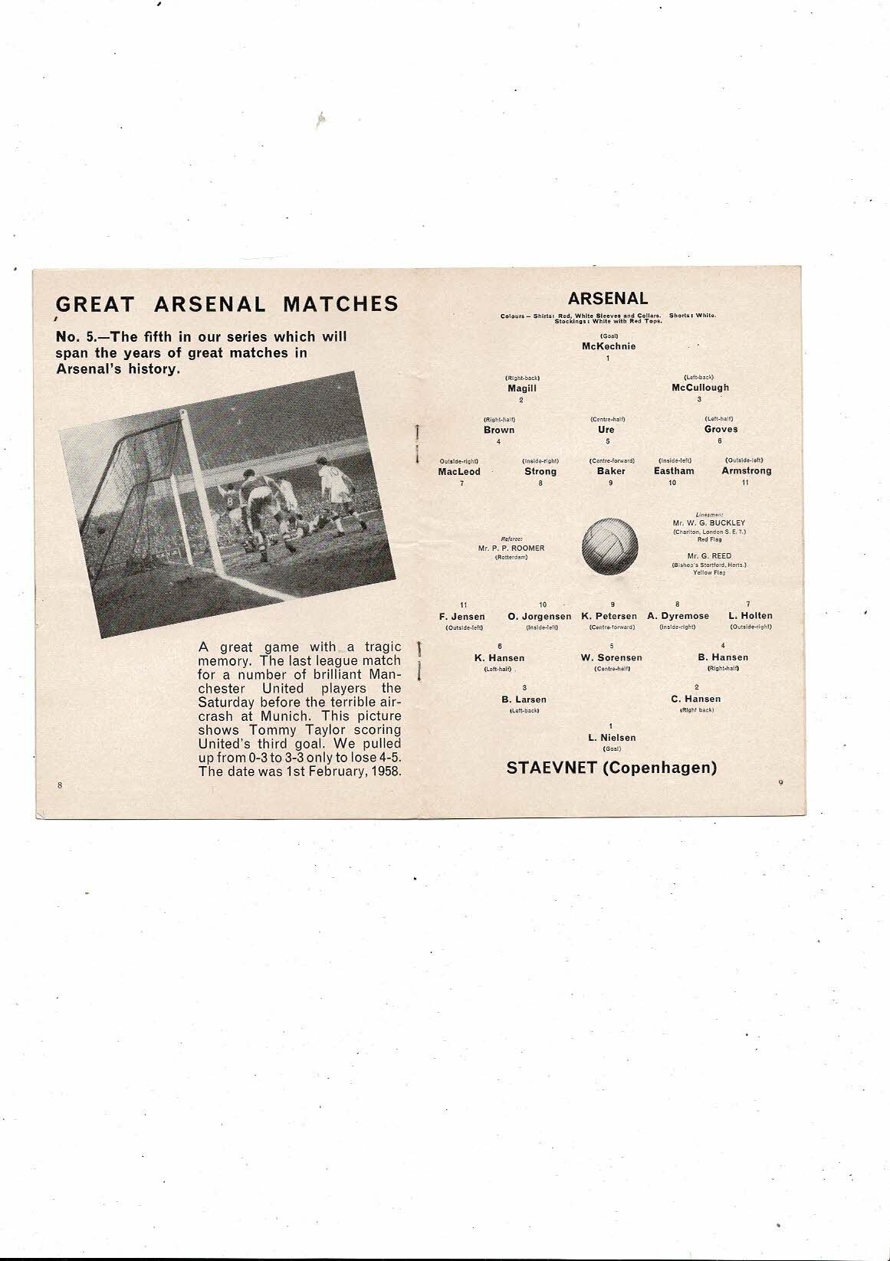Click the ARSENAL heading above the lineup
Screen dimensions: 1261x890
pyautogui.click(x=608, y=299)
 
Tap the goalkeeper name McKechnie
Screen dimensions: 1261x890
pyautogui.click(x=609, y=346)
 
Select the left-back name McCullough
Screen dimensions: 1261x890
pyautogui.click(x=700, y=388)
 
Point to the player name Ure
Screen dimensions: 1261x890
pyautogui.click(x=606, y=430)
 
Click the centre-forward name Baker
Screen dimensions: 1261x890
pyautogui.click(x=611, y=471)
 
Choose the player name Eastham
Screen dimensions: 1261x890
pyautogui.click(x=674, y=471)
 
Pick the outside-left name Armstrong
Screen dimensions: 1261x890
pyautogui.click(x=746, y=471)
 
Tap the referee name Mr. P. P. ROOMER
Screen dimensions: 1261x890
pyautogui.click(x=511, y=548)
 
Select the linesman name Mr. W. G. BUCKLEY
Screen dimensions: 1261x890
pyautogui.click(x=709, y=523)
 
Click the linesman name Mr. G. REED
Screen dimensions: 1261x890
pyautogui.click(x=709, y=556)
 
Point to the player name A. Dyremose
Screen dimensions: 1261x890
pyautogui.click(x=678, y=616)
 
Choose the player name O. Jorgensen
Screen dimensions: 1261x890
pyautogui.click(x=539, y=616)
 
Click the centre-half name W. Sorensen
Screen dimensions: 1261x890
pyautogui.click(x=611, y=658)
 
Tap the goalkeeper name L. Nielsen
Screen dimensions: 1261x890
pyautogui.click(x=611, y=738)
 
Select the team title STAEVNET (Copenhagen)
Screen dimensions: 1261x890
pyautogui.click(x=612, y=768)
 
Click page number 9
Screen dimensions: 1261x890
pyautogui.click(x=780, y=782)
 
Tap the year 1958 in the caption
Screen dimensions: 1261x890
pyautogui.click(x=386, y=771)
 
